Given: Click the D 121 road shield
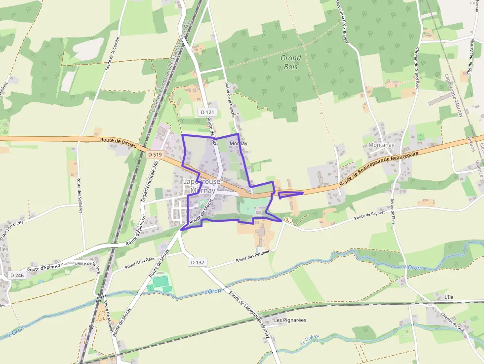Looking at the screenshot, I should pyautogui.click(x=207, y=113).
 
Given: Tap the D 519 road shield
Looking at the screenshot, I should pyautogui.click(x=155, y=155).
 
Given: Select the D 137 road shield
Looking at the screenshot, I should pyautogui.click(x=197, y=262).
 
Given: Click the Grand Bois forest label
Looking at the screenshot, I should pyautogui.click(x=291, y=62).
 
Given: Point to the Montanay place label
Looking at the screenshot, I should pyautogui.click(x=381, y=145).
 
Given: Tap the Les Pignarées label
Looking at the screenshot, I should pyautogui.click(x=290, y=320).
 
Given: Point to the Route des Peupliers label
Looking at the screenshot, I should pyautogui.click(x=253, y=255).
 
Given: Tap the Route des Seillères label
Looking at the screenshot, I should pyautogui.click(x=79, y=195).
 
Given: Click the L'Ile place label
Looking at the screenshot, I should pyautogui.click(x=448, y=297).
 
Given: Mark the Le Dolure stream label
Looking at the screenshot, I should pyautogui.click(x=310, y=340).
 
